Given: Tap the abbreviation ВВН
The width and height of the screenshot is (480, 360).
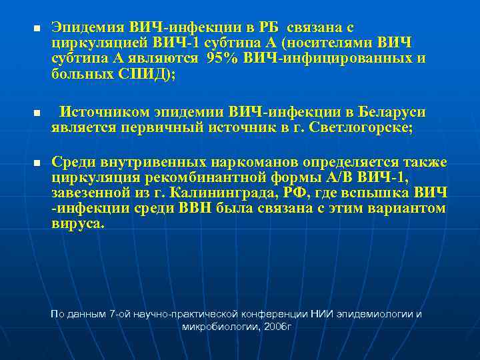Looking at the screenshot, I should (197, 209).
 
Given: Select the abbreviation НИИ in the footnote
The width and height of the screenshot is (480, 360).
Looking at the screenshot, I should (327, 314).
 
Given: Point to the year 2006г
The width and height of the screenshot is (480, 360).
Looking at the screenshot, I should (275, 327).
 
